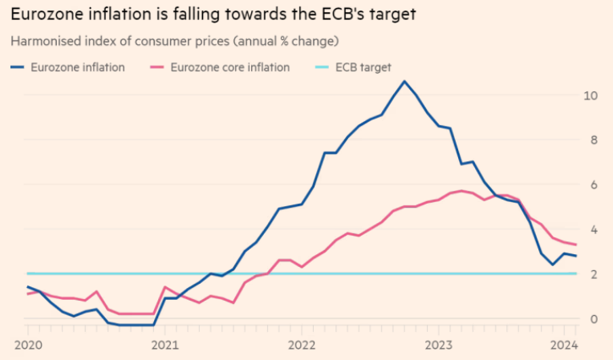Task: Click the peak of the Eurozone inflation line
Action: (404, 81)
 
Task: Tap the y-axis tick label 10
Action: (590, 95)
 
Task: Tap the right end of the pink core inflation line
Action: (575, 245)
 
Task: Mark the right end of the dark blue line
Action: (575, 256)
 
